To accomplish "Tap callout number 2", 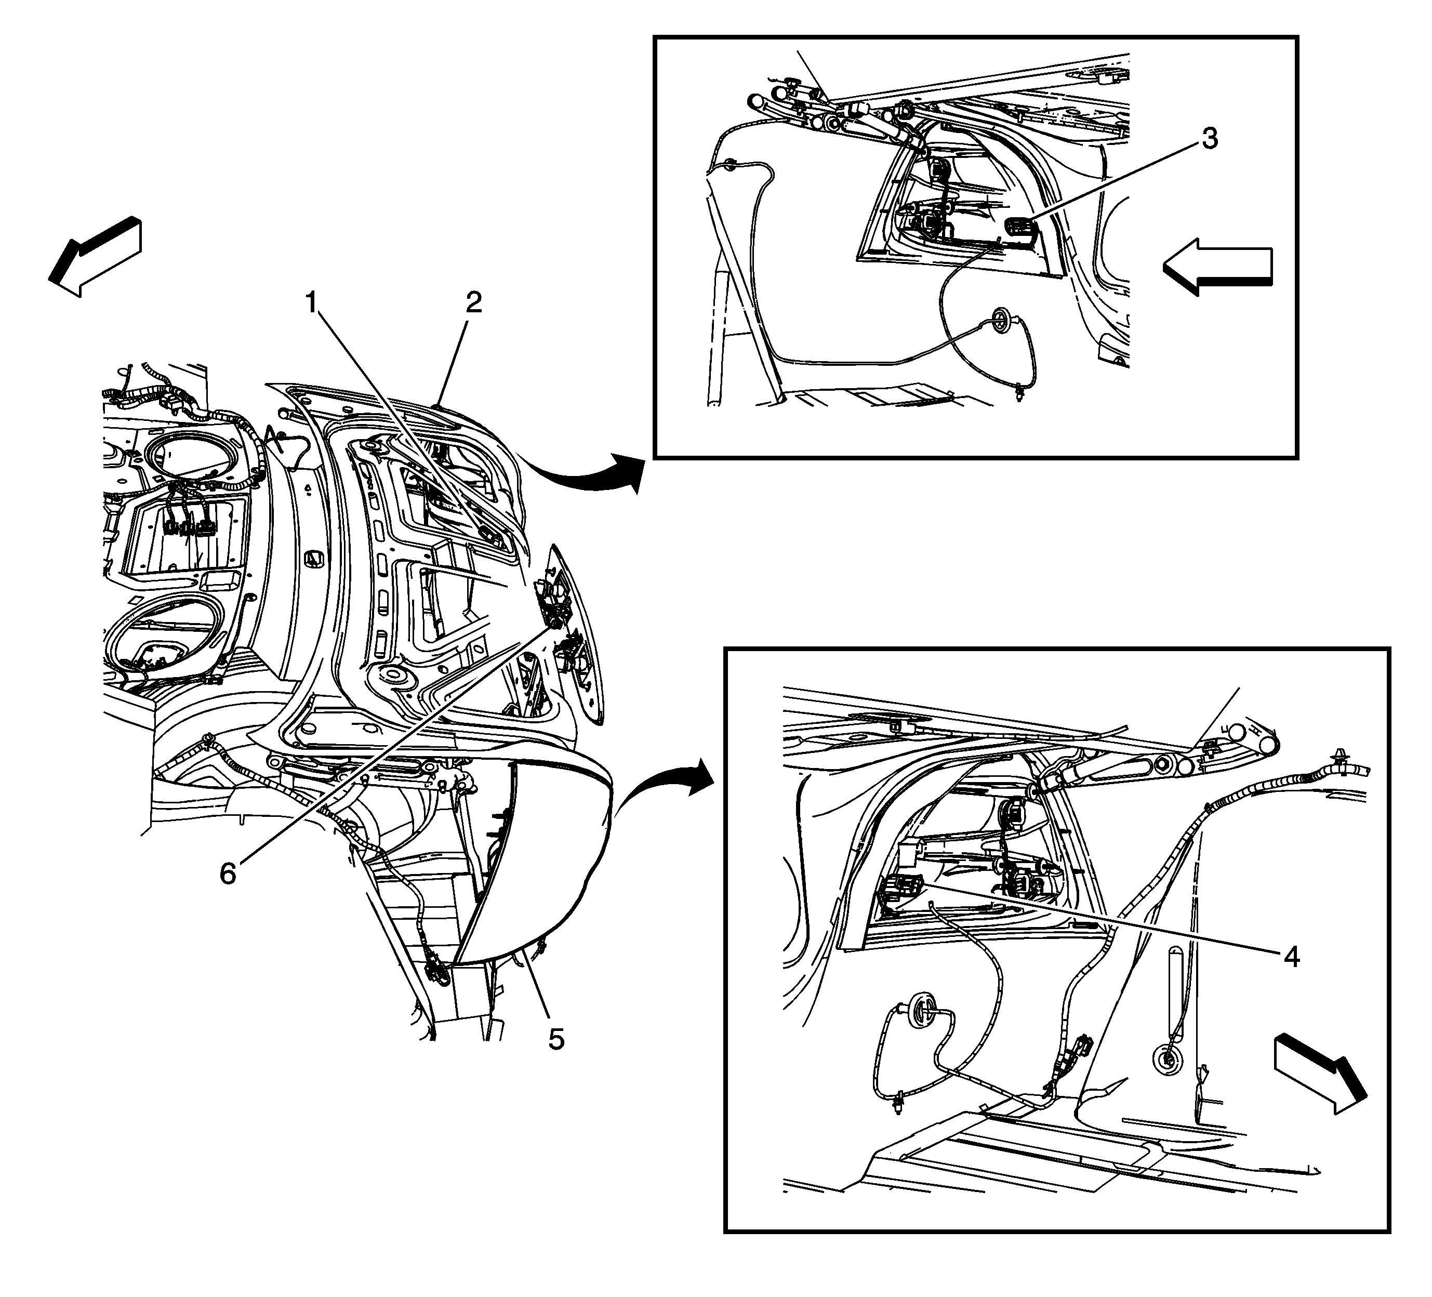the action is (474, 303).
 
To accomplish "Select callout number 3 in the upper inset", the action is (1210, 139).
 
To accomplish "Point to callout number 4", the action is (1291, 957).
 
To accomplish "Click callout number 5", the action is (556, 1039).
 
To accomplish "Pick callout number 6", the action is (227, 874).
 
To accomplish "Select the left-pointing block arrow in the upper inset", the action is (1217, 267).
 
